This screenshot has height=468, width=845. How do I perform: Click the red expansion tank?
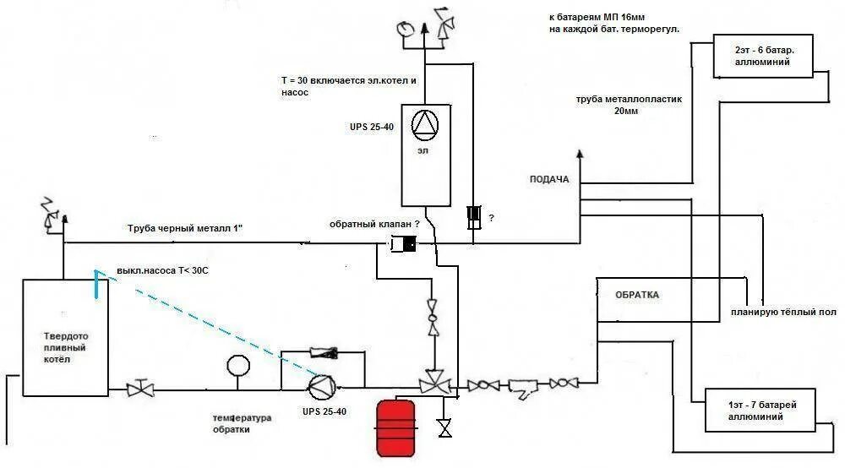[395, 427]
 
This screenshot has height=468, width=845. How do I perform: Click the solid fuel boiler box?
[64, 336]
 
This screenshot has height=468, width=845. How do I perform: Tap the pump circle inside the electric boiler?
[425, 125]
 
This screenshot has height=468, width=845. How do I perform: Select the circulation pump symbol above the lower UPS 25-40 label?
[321, 387]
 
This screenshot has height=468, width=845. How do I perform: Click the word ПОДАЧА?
[549, 179]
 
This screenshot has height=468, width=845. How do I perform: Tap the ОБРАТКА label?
[636, 295]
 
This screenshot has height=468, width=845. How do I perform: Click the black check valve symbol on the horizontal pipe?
[405, 245]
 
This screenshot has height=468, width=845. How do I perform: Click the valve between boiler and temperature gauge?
[140, 389]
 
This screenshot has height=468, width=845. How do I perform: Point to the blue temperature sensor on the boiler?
[97, 285]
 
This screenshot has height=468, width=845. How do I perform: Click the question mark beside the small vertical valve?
[491, 218]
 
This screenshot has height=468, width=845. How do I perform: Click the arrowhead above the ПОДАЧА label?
[580, 155]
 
